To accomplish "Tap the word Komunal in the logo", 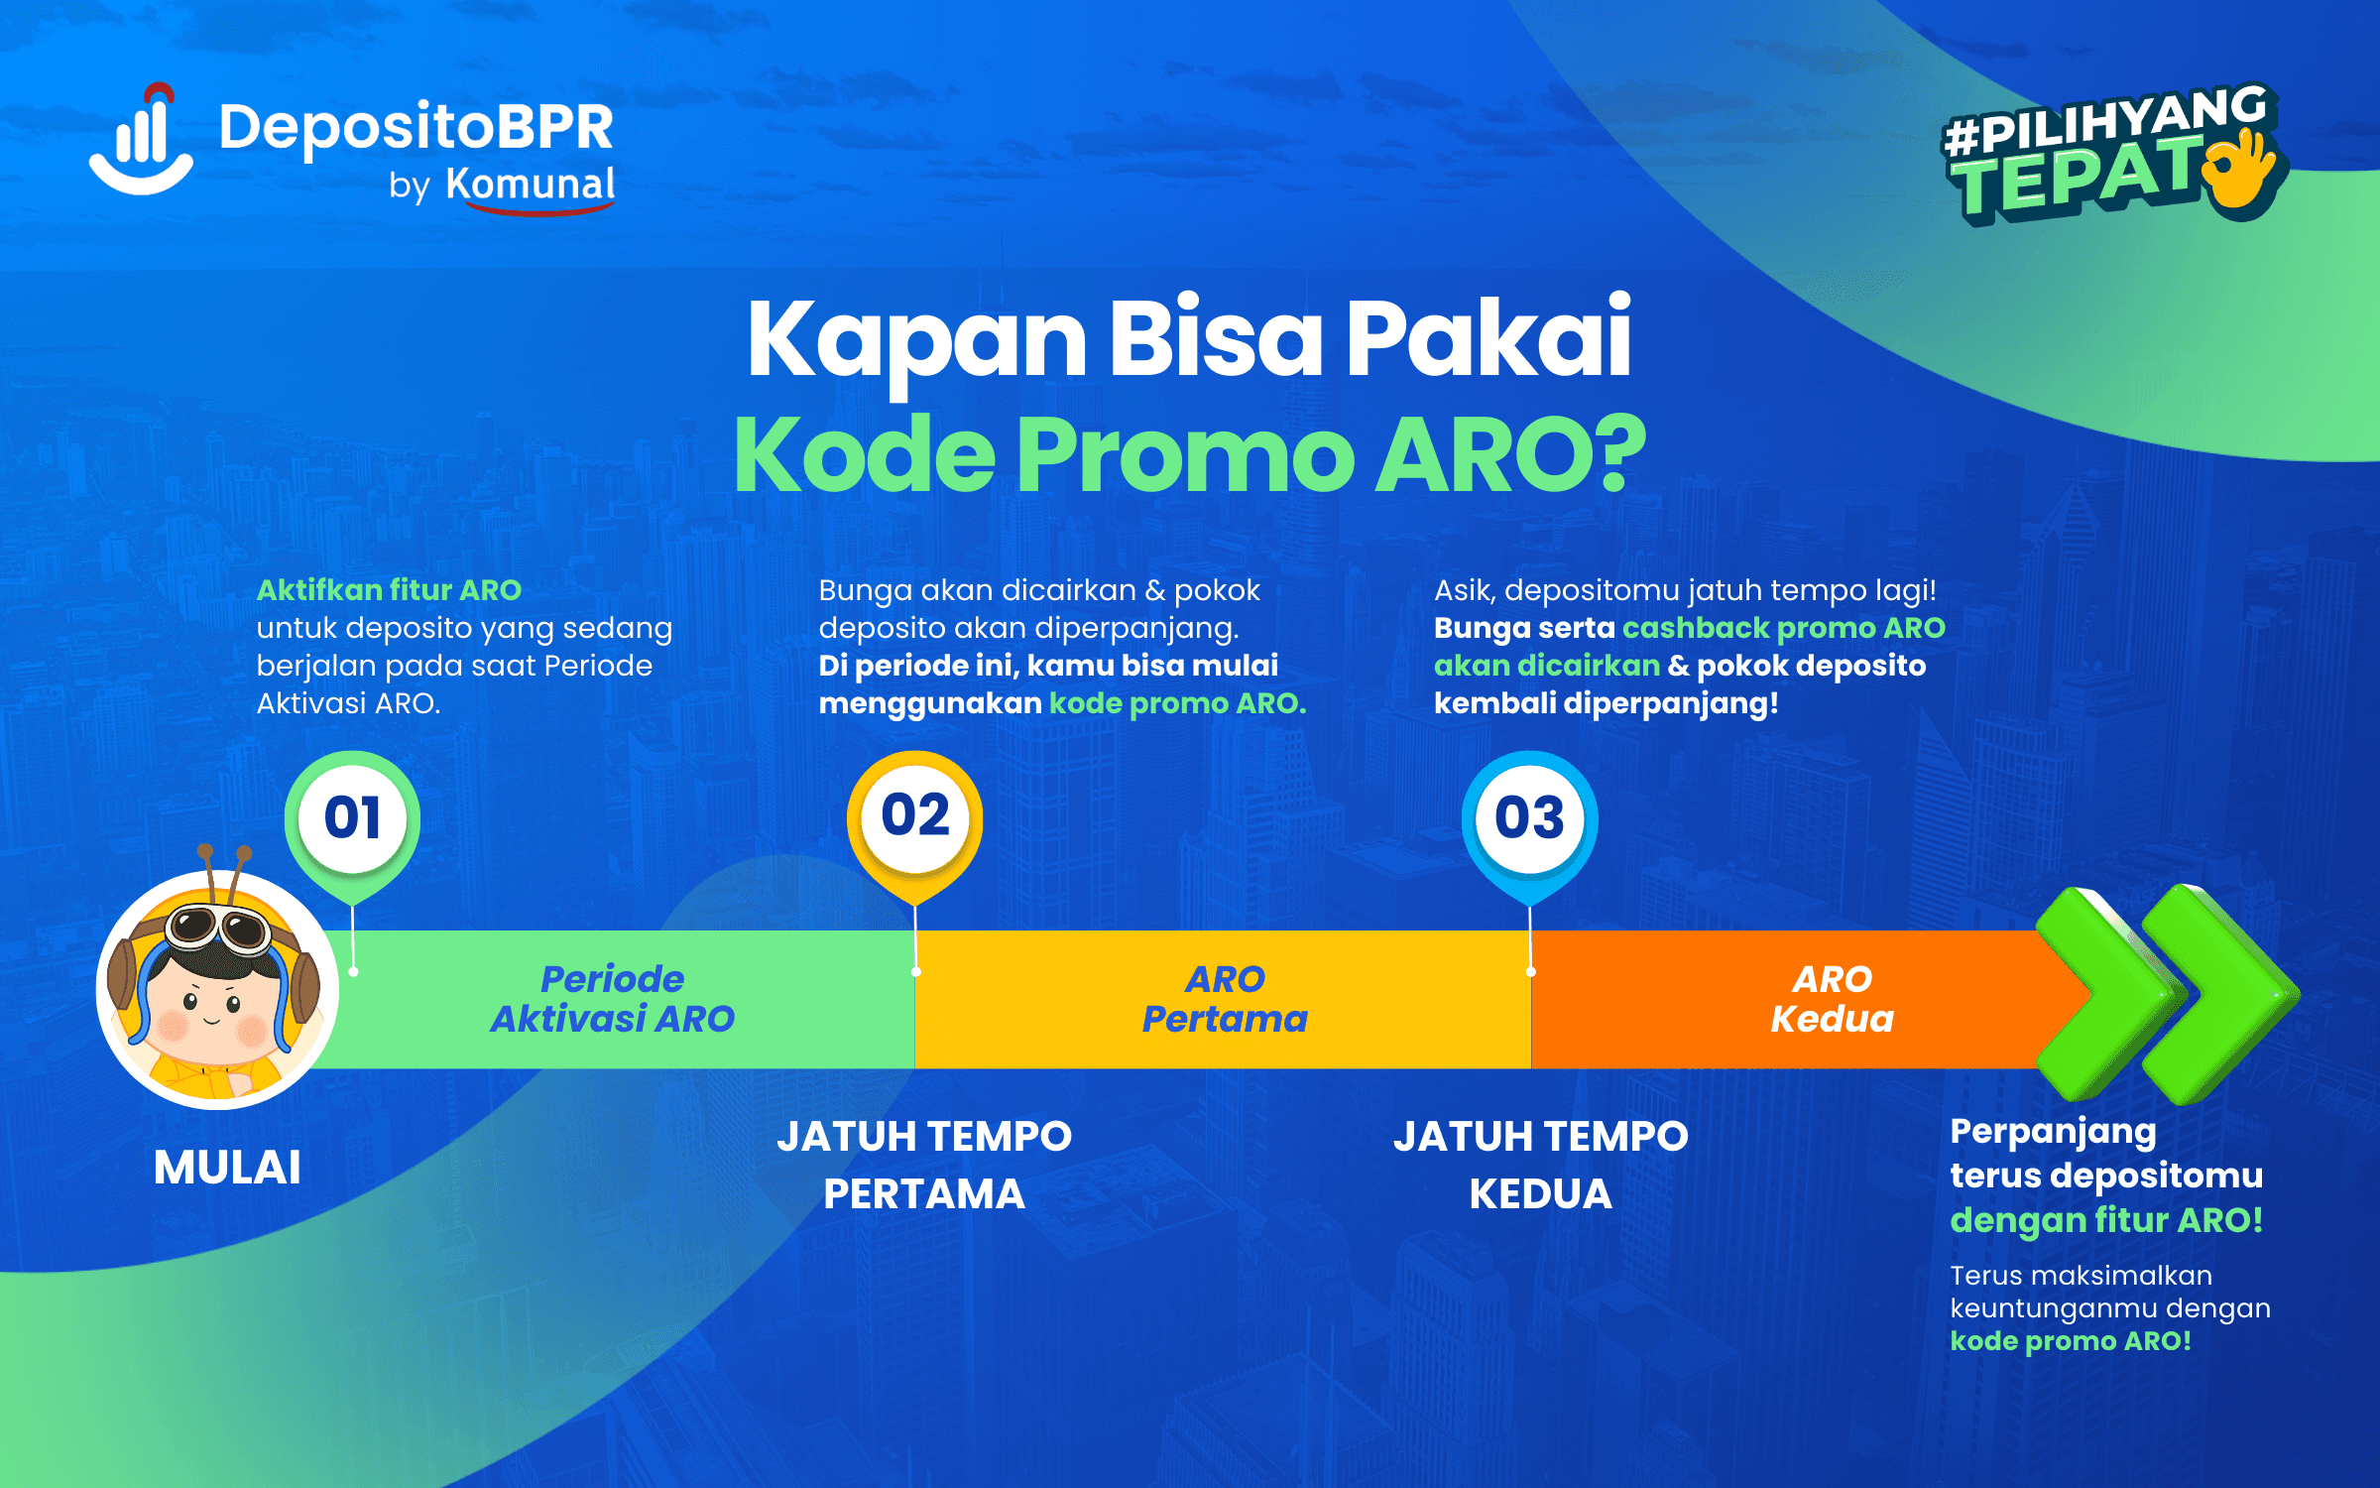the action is coord(531,185).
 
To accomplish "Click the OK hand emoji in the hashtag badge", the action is coord(2243,172).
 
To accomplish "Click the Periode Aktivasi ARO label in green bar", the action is coord(613,999).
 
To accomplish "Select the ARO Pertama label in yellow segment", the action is coord(1225,999).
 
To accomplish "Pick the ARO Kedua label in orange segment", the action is coord(1833,999).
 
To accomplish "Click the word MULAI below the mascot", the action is coord(227,1168).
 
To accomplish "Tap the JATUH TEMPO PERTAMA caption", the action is coord(924,1165).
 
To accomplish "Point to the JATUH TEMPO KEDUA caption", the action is coord(1541,1165).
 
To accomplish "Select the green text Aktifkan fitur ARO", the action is coord(389,590).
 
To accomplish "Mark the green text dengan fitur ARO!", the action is coord(2106,1220).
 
